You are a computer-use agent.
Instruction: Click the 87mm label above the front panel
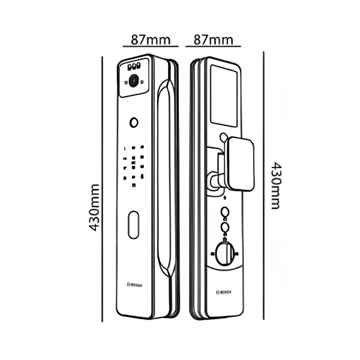(x=151, y=40)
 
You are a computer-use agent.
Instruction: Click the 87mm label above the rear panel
(x=213, y=40)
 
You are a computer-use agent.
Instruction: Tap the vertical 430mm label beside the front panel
(x=94, y=208)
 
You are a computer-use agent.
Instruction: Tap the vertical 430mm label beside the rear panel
(x=275, y=185)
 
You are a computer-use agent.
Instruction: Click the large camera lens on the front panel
(x=134, y=81)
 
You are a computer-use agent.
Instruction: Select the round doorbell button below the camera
(x=134, y=122)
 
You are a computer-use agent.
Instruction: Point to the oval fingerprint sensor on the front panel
(x=133, y=225)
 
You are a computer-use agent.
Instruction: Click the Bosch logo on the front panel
(x=134, y=284)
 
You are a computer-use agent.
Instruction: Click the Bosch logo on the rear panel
(x=223, y=292)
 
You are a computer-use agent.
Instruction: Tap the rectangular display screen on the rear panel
(x=224, y=96)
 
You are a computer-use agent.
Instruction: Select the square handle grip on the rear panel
(x=241, y=164)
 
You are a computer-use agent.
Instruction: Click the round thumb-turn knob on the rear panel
(x=224, y=253)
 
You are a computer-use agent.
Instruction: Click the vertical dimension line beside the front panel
(x=102, y=189)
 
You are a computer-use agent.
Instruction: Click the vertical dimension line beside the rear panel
(x=263, y=185)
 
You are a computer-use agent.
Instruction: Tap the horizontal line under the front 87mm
(x=151, y=46)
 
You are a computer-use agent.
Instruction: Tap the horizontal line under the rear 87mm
(x=213, y=46)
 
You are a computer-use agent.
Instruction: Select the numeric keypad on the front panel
(x=134, y=166)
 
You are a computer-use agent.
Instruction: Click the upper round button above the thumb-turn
(x=225, y=212)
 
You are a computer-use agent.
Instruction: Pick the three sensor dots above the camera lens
(x=134, y=67)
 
